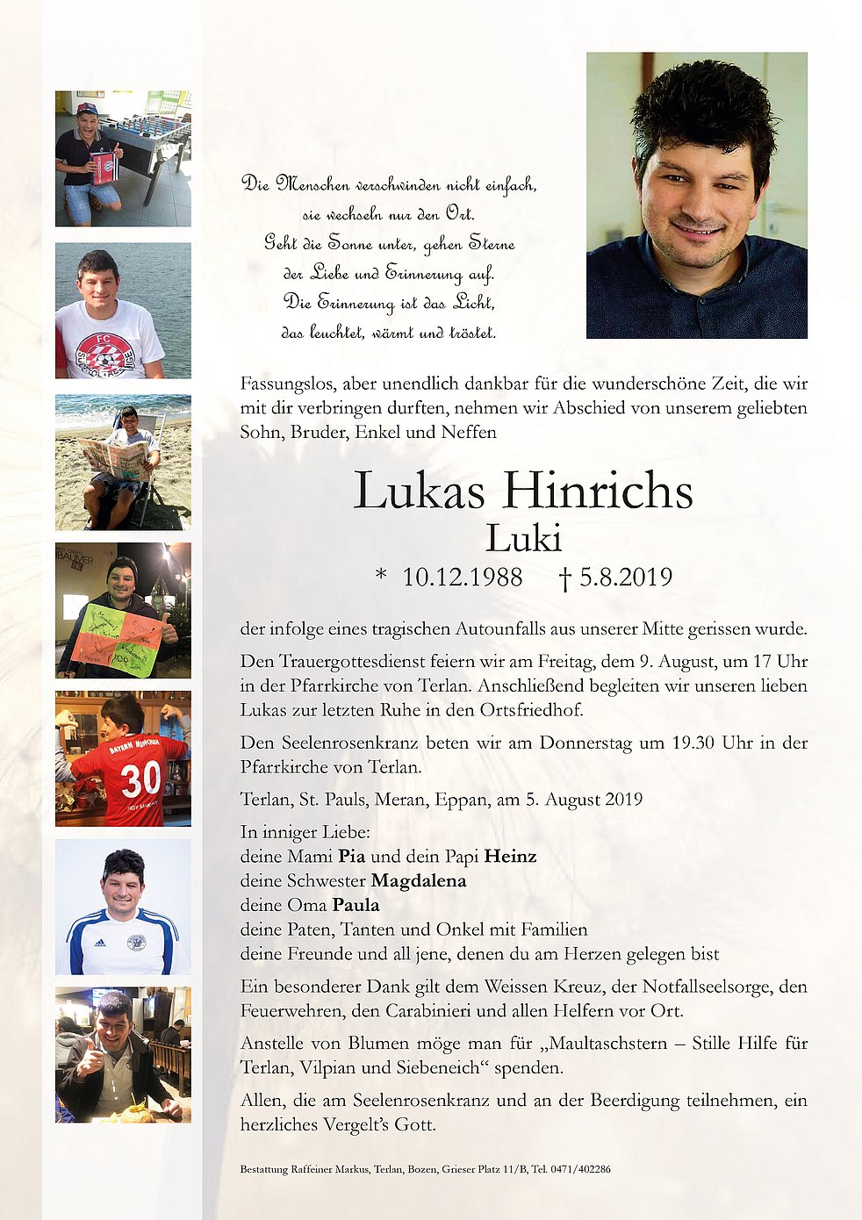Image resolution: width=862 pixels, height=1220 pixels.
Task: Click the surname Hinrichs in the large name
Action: click(x=598, y=491)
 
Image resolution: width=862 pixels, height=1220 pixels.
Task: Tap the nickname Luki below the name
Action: click(x=523, y=538)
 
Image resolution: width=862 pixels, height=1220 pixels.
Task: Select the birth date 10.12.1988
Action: click(x=462, y=578)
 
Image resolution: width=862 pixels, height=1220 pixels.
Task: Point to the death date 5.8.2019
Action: click(x=625, y=578)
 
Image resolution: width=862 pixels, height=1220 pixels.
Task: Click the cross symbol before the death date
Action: click(x=565, y=578)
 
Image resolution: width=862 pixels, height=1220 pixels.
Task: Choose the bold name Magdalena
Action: click(x=419, y=880)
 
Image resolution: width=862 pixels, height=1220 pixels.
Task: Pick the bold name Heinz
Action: click(x=510, y=856)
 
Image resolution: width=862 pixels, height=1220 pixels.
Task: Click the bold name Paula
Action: click(x=356, y=905)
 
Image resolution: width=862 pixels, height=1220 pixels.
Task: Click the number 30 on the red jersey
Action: click(x=140, y=779)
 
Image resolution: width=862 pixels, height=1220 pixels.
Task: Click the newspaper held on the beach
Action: click(x=114, y=457)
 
